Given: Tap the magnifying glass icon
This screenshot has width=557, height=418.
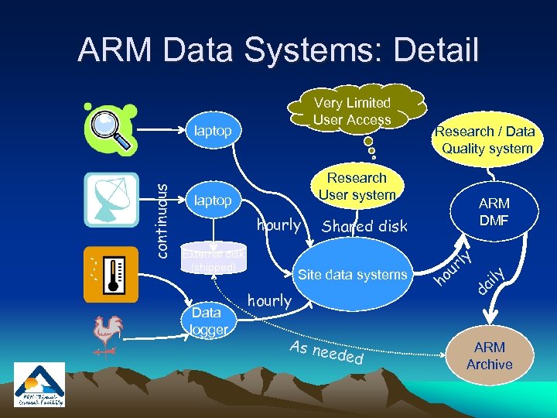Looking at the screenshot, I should point(111,128).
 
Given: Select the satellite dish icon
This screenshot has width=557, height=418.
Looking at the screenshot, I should point(111,199).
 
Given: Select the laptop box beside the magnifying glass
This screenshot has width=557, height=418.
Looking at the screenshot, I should point(213,131).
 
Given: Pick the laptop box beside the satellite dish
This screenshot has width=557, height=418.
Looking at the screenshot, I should point(213,200).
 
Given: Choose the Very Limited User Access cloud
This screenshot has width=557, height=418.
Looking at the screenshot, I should point(353,111).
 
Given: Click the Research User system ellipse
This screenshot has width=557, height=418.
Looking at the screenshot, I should point(357,187).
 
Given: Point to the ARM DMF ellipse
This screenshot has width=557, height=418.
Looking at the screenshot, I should point(494,211).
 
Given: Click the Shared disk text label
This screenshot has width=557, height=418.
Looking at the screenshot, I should point(364,226).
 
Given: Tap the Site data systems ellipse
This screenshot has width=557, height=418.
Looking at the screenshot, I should point(352,275).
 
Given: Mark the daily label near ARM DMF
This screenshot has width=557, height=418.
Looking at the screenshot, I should point(490,281).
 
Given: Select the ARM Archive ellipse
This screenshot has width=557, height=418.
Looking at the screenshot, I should point(489,356).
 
